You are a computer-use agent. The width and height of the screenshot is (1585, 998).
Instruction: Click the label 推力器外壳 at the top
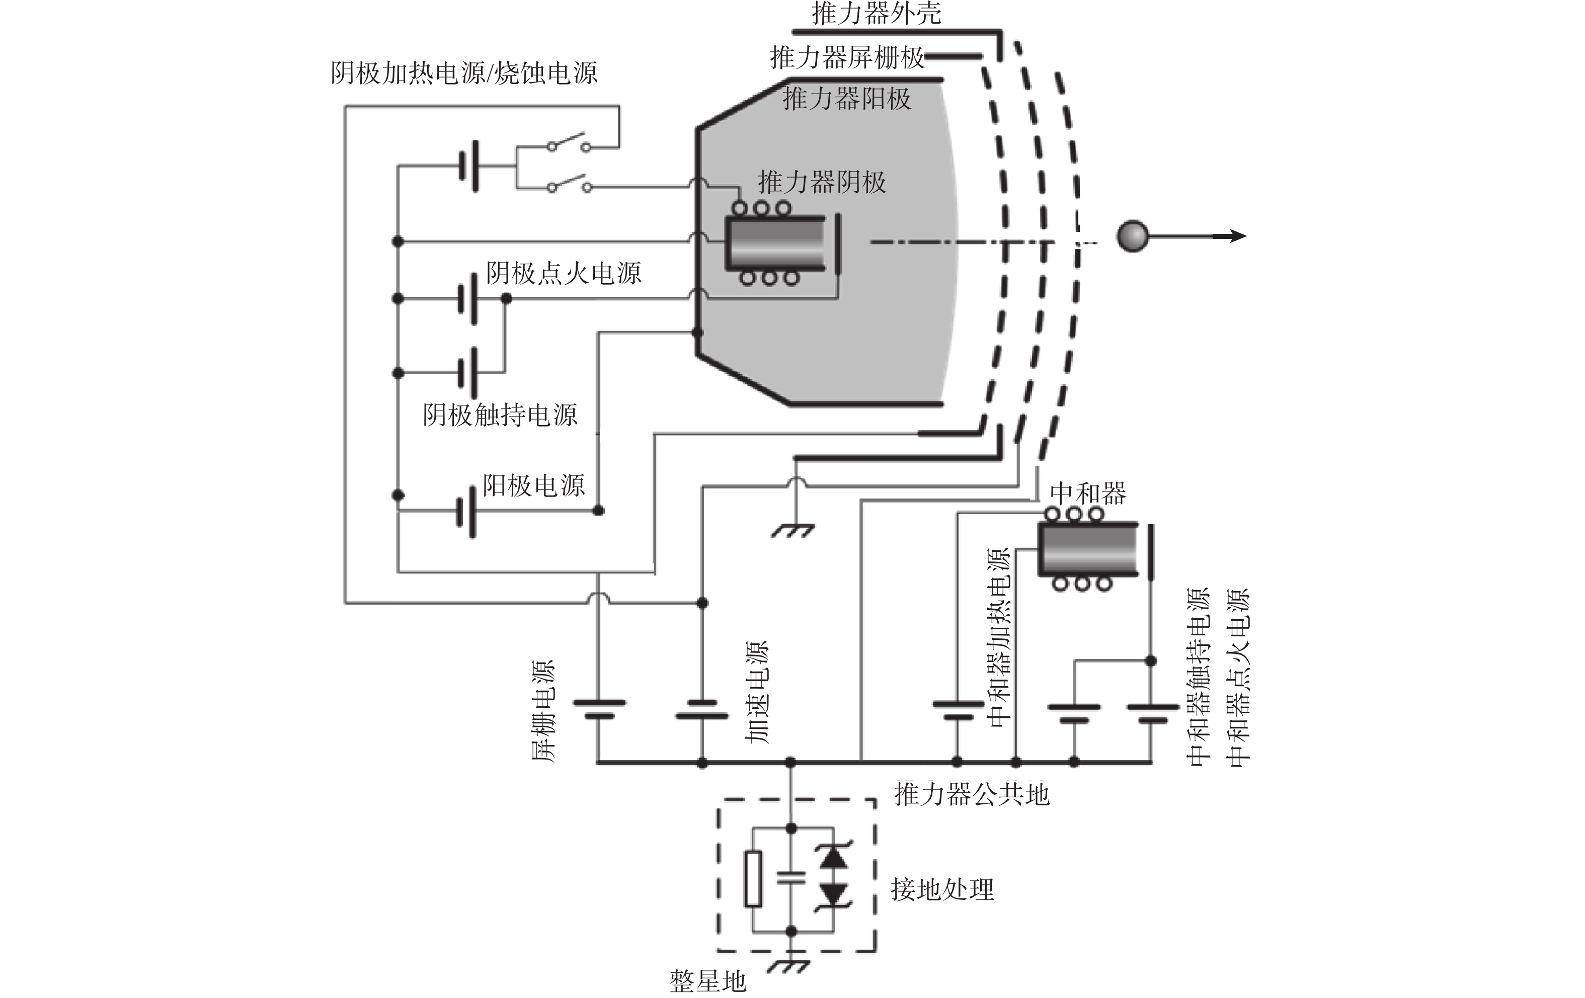(x=876, y=13)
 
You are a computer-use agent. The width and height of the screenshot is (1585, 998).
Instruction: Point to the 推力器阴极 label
(x=822, y=182)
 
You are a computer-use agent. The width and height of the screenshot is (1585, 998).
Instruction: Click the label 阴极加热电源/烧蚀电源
(x=464, y=73)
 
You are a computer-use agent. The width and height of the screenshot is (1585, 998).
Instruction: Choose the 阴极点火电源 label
(x=564, y=273)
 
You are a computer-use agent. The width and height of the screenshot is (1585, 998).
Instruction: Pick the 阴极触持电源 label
(x=500, y=415)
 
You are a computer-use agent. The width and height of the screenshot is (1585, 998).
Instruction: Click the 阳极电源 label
(x=533, y=485)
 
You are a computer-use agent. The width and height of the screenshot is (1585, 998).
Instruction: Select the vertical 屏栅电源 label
(x=544, y=710)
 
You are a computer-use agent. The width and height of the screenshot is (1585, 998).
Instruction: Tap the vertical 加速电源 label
(x=757, y=692)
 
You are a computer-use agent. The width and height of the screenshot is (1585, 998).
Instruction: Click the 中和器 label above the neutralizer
(x=1087, y=493)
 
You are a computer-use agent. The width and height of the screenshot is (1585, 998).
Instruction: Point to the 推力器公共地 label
(x=972, y=795)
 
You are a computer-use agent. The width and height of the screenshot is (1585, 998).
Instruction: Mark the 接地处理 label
(x=942, y=889)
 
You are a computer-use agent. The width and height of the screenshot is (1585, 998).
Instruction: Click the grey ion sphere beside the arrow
(x=1132, y=236)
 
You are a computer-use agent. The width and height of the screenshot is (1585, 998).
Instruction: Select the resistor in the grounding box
(x=753, y=879)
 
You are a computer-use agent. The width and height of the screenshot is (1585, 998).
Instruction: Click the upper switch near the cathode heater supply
(x=569, y=142)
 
